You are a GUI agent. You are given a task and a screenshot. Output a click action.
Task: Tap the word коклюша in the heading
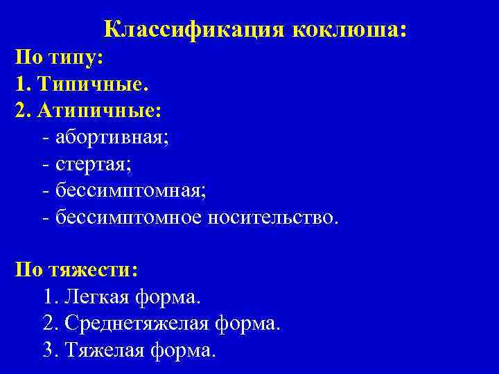coord(349,30)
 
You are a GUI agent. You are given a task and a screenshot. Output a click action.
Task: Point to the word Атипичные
coord(101,111)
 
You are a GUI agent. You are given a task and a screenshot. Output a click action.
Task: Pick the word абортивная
coord(112,137)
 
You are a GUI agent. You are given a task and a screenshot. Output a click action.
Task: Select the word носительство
coord(274,217)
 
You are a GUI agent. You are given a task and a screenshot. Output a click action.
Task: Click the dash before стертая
coord(45,165)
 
